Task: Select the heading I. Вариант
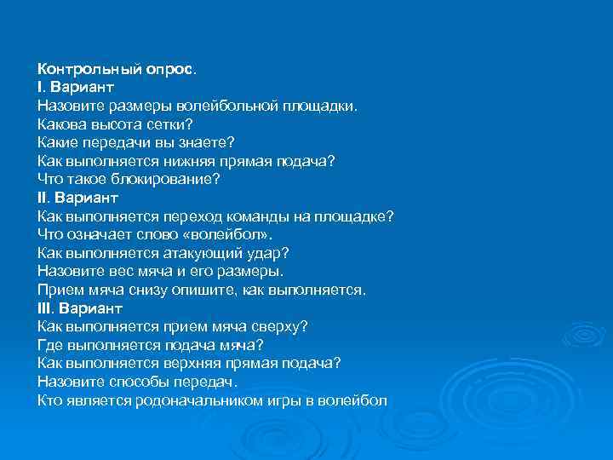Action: [x=76, y=88]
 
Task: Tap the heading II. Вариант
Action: [x=77, y=198]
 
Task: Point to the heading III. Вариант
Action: [x=80, y=308]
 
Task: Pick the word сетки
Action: [x=170, y=124]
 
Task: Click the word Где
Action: [x=49, y=345]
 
